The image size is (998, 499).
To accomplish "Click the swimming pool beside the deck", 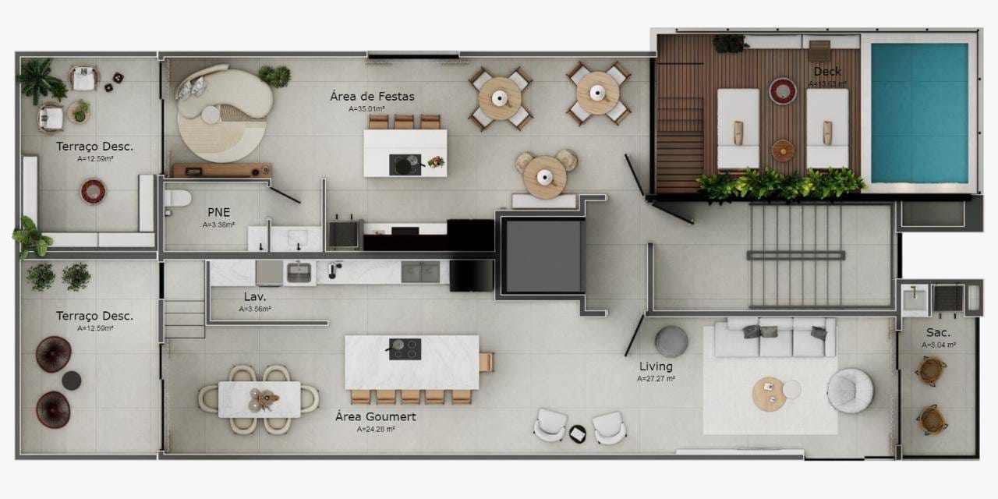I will [919, 112].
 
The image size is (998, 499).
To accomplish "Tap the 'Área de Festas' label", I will [372, 97].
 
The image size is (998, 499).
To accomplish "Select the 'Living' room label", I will [656, 366].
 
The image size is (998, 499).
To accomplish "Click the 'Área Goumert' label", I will [375, 417].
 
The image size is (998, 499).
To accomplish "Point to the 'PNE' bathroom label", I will [218, 212].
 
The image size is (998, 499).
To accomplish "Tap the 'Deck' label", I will [827, 72].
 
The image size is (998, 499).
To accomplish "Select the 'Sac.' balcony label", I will [938, 333].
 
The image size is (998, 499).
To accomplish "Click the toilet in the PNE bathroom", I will [177, 199].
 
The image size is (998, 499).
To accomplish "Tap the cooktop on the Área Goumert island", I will [405, 349].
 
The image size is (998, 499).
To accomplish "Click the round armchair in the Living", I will [850, 390].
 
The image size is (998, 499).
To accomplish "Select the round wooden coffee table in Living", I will [768, 394].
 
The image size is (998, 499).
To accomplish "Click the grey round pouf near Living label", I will [671, 342].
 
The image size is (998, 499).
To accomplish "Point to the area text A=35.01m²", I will [372, 110].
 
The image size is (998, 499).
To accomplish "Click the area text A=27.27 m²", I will [656, 379].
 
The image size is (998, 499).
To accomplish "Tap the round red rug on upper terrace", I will [93, 191].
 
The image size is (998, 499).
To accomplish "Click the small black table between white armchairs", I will [578, 434].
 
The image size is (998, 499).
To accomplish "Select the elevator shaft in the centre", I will [543, 257].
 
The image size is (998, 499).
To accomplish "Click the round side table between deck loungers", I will [784, 150].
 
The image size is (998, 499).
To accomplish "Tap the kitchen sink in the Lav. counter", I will [299, 272].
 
